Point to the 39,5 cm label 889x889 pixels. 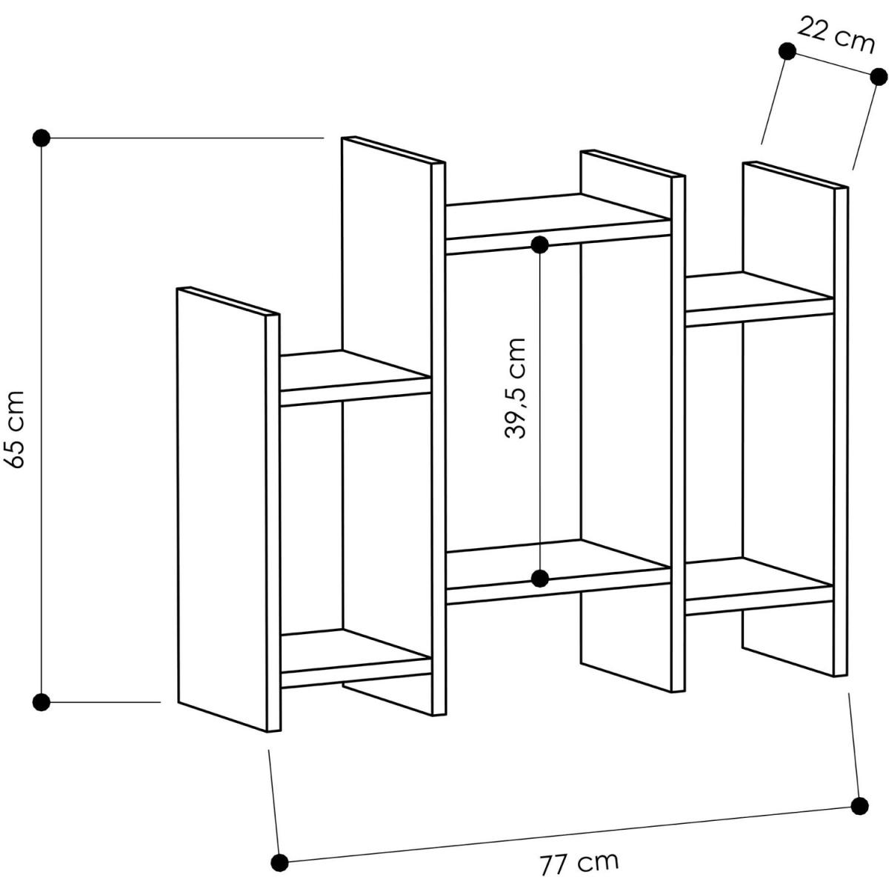516,388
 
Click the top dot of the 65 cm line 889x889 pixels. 41,138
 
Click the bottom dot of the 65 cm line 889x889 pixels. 41,702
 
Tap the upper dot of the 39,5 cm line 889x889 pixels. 540,244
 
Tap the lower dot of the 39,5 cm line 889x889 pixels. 540,578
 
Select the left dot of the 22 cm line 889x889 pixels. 787,51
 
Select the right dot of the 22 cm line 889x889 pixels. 879,76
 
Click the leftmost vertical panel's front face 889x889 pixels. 222,509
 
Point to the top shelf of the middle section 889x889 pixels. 559,223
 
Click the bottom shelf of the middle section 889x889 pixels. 559,572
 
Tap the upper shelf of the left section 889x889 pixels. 356,378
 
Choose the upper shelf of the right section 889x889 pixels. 760,299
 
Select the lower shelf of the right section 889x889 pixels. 760,586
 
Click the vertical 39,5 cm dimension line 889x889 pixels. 540,411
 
